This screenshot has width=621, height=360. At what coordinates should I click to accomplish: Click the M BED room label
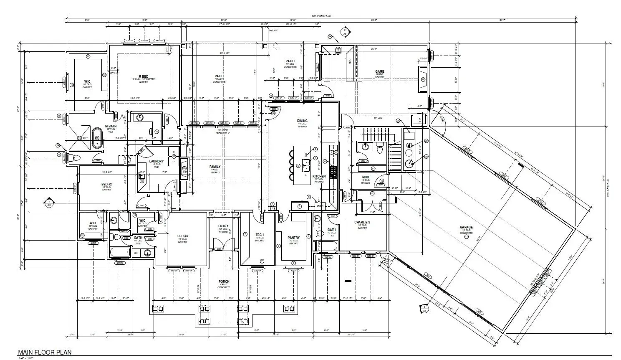(137, 76)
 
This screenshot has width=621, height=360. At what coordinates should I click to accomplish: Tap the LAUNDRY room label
(156, 161)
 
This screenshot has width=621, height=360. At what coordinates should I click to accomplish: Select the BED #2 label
(107, 184)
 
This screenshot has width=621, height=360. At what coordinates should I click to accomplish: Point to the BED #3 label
(182, 236)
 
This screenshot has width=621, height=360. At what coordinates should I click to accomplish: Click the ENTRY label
(223, 226)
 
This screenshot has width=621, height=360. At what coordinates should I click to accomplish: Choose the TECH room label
(260, 235)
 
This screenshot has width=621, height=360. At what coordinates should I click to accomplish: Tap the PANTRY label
(293, 238)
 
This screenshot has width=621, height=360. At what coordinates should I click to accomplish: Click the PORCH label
(224, 281)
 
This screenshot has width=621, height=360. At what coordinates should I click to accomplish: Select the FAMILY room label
(215, 167)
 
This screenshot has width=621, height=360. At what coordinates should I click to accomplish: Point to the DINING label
(302, 121)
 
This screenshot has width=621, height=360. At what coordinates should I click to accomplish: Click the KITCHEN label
(319, 176)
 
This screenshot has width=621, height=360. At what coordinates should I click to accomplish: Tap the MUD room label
(366, 177)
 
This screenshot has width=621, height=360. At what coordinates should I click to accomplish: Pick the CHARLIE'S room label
(362, 222)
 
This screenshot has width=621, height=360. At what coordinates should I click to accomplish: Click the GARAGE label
(466, 228)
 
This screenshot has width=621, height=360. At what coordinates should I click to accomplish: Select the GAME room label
(379, 71)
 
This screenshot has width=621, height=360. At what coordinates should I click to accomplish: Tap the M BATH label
(111, 126)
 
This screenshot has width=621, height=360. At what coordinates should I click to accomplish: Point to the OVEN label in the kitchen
(321, 205)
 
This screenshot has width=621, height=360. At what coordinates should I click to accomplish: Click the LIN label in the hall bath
(135, 253)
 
